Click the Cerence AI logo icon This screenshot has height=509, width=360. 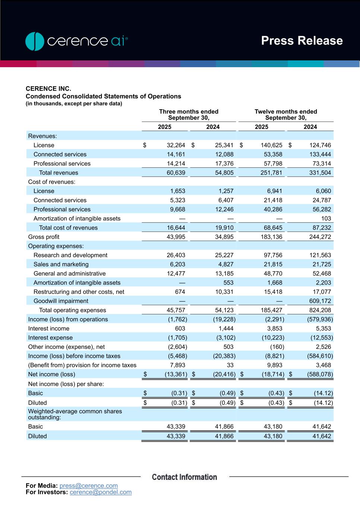point(35,41)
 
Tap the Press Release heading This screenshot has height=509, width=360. point(301,41)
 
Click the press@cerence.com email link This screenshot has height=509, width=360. point(88,486)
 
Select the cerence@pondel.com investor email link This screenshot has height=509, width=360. point(101,492)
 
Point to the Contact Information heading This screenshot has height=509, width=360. point(184,477)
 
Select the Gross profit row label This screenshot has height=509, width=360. point(44,237)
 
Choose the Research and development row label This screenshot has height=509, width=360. point(70,255)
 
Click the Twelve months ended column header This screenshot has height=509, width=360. point(285,114)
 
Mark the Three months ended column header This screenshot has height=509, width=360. point(189,114)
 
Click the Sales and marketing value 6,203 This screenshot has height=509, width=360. point(177,264)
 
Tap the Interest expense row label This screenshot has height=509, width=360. point(50,338)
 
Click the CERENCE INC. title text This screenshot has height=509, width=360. point(48,88)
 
